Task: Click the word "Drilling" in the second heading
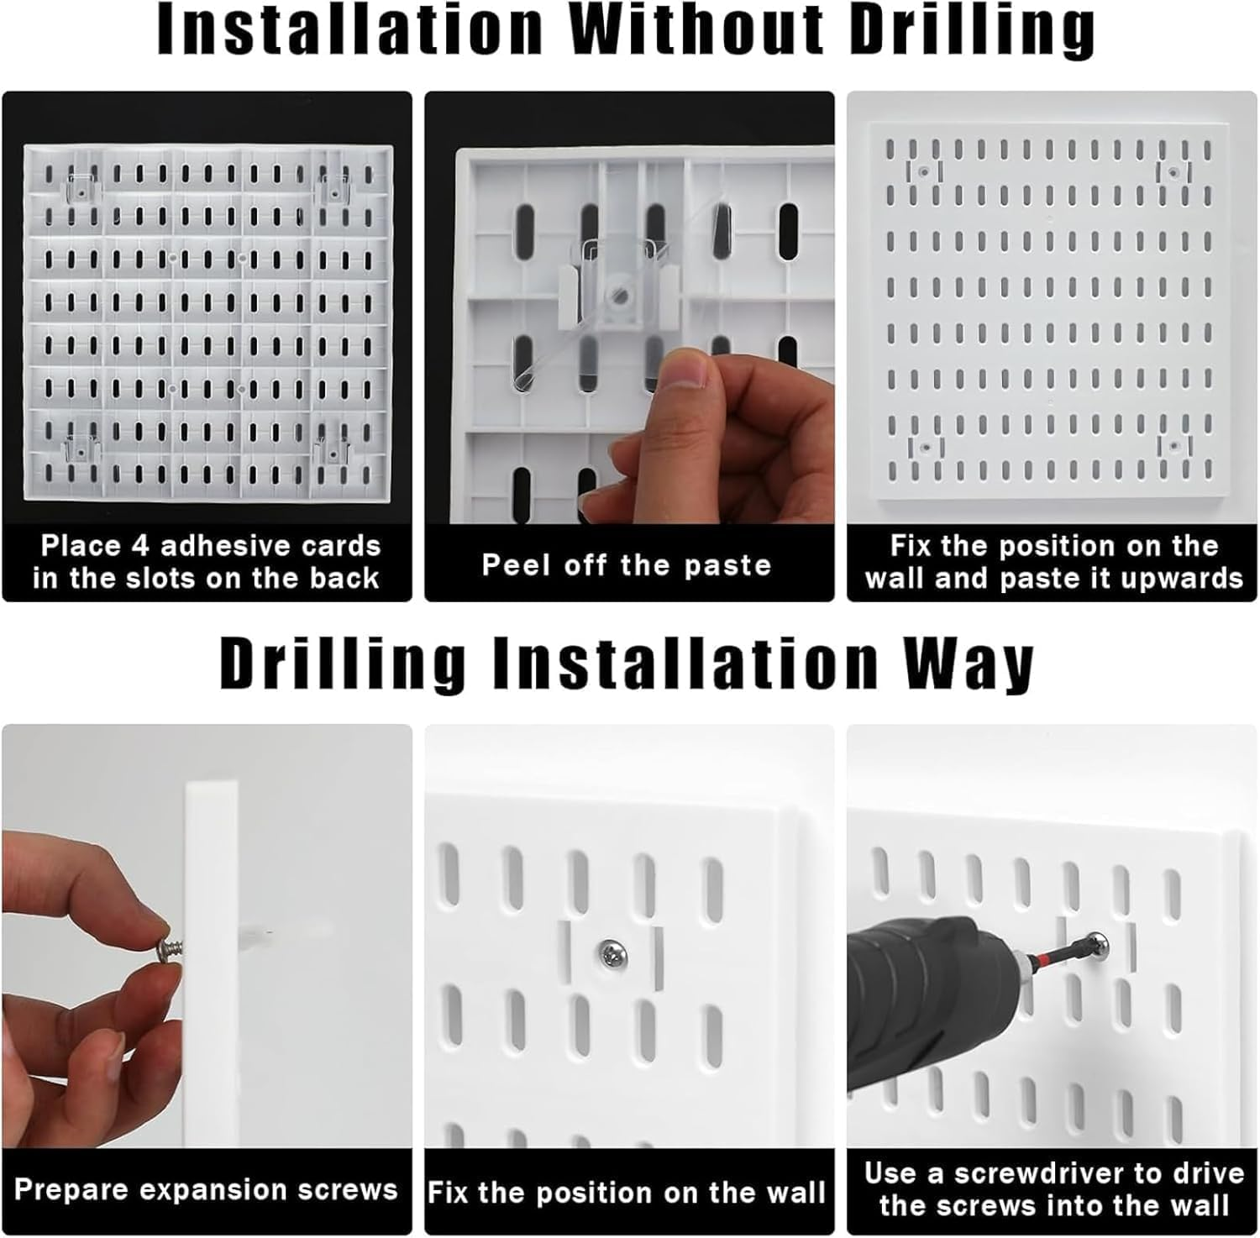[x=342, y=664]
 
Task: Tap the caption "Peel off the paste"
[x=627, y=565]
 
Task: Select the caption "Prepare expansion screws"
[x=206, y=1189]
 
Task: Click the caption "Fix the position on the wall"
[x=627, y=1193]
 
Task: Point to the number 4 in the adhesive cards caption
[x=140, y=547]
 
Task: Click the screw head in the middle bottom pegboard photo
[x=611, y=953]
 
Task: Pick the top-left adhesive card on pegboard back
[x=81, y=189]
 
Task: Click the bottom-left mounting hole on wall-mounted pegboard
[x=924, y=447]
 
